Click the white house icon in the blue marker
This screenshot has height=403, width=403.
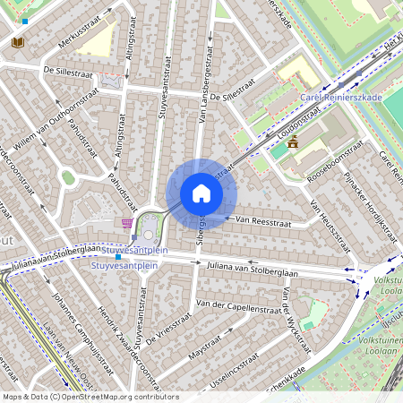201,193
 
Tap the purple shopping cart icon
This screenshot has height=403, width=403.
127,223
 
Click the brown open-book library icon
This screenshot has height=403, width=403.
17,42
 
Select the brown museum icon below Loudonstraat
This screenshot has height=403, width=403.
292,143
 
